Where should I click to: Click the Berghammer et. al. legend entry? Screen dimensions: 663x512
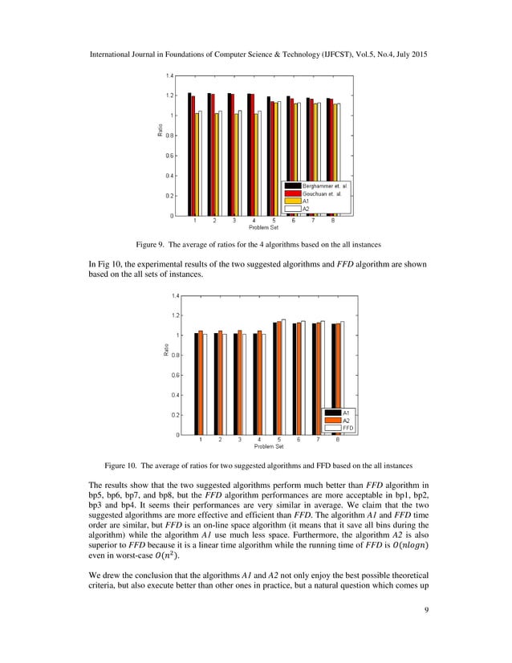pyautogui.click(x=312, y=186)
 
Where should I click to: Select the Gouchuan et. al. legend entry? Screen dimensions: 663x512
pyautogui.click(x=312, y=193)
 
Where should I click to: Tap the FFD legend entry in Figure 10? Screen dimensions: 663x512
pyautogui.click(x=347, y=428)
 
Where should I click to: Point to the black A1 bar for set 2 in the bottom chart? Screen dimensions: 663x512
pyautogui.click(x=216, y=384)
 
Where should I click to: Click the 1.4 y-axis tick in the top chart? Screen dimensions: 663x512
pyautogui.click(x=170, y=75)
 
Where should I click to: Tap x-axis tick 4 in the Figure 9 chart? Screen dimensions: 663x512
pyautogui.click(x=254, y=221)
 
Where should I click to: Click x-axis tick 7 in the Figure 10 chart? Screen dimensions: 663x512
pyautogui.click(x=319, y=441)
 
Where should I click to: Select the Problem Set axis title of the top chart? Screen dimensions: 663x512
pyautogui.click(x=263, y=228)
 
